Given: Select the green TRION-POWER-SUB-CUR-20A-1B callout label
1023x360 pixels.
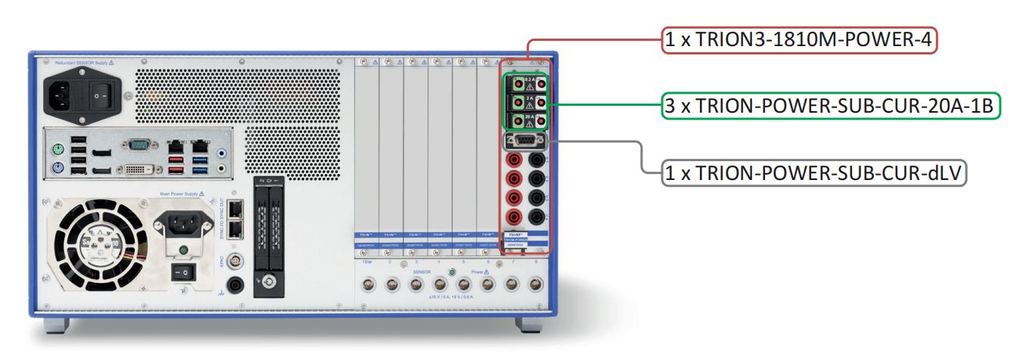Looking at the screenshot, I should click(x=831, y=106).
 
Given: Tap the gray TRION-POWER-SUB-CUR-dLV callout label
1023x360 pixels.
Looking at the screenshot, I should click(x=814, y=173).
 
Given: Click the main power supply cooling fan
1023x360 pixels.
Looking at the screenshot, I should click(x=95, y=240).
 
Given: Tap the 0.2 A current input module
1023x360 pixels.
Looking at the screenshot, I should click(x=528, y=83).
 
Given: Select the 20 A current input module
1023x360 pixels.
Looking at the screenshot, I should click(x=528, y=120).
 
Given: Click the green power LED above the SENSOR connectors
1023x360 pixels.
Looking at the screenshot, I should click(x=452, y=271).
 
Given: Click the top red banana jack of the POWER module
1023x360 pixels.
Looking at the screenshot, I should click(x=515, y=160).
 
